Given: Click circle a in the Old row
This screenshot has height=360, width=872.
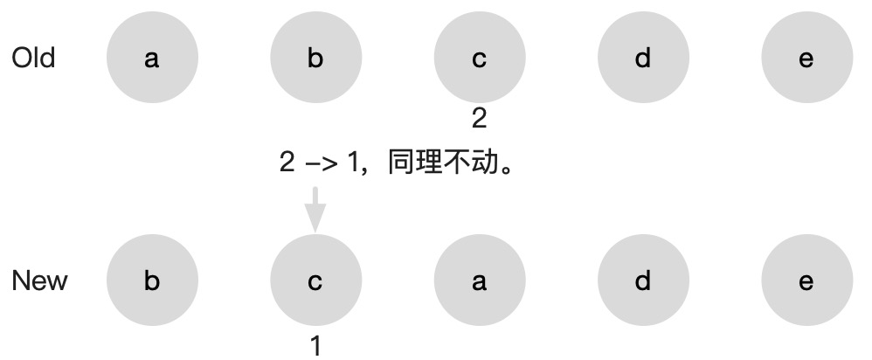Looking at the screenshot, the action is pyautogui.click(x=152, y=59).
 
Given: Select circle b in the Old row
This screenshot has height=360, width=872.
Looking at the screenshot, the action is pyautogui.click(x=315, y=59).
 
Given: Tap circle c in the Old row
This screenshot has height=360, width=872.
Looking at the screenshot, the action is pyautogui.click(x=479, y=59).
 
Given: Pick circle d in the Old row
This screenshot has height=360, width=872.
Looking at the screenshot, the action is pyautogui.click(x=643, y=59).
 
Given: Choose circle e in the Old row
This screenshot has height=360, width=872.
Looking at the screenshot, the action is pyautogui.click(x=806, y=59).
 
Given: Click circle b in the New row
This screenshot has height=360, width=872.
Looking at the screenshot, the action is pyautogui.click(x=152, y=281).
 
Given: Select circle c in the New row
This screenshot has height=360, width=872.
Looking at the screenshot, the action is pyautogui.click(x=315, y=281).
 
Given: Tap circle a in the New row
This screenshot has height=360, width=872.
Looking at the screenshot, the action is pyautogui.click(x=479, y=281).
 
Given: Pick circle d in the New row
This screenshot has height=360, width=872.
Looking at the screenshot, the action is pyautogui.click(x=643, y=281).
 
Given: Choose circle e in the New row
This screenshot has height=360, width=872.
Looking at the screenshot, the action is pyautogui.click(x=806, y=281).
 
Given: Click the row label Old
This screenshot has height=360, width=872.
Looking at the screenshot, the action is pyautogui.click(x=33, y=59).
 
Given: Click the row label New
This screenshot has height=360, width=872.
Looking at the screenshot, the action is pyautogui.click(x=39, y=281).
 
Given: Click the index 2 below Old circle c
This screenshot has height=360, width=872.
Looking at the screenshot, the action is pyautogui.click(x=479, y=119).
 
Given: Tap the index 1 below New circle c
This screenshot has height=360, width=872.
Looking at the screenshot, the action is pyautogui.click(x=316, y=346).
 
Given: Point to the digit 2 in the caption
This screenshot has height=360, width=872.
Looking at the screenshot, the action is pyautogui.click(x=287, y=163).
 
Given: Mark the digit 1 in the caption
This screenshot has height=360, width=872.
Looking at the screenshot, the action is pyautogui.click(x=352, y=163).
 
